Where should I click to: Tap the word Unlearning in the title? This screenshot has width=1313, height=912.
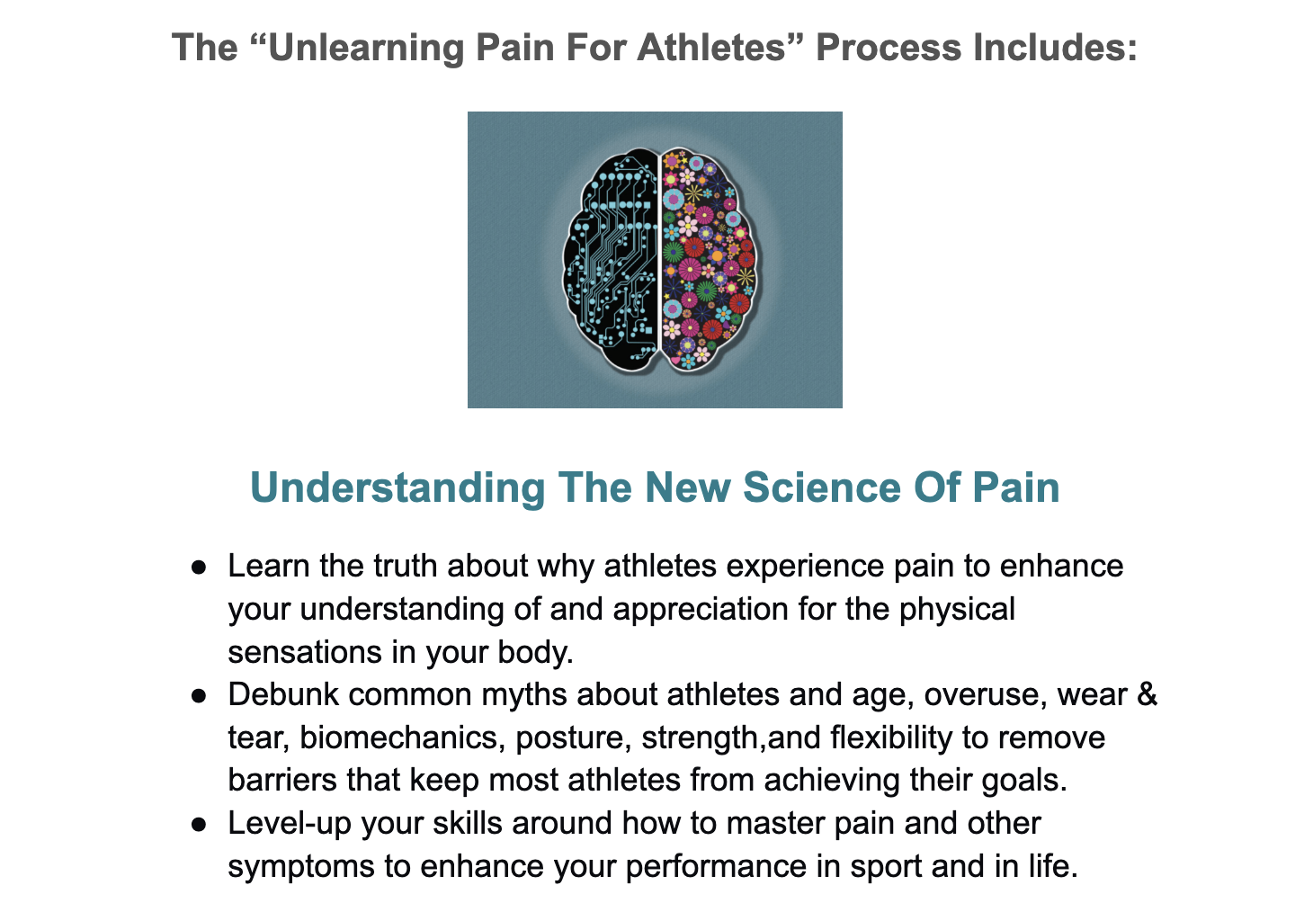click(366, 48)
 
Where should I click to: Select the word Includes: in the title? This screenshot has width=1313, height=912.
click(1055, 47)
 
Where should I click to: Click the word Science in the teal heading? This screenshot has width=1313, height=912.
click(822, 487)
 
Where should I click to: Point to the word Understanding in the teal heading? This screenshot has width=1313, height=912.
click(397, 488)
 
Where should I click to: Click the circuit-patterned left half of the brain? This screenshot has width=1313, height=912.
click(611, 261)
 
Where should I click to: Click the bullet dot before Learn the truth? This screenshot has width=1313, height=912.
click(199, 568)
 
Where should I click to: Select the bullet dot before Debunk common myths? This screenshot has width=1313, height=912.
click(199, 696)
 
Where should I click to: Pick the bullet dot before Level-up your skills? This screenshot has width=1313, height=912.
click(199, 825)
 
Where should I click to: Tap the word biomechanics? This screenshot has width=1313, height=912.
click(402, 738)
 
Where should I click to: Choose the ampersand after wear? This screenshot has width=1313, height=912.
click(1147, 694)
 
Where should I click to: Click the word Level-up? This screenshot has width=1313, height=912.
click(290, 824)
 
